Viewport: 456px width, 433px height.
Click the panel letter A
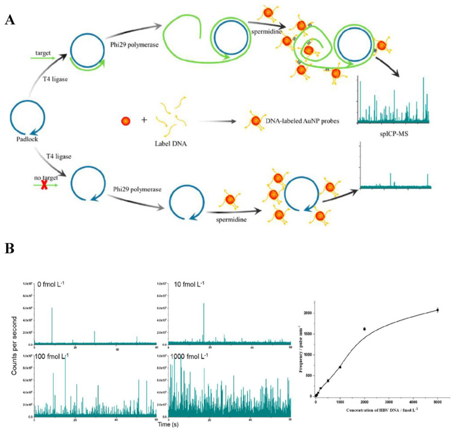(x=10, y=20)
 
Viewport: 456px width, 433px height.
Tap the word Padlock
(x=28, y=139)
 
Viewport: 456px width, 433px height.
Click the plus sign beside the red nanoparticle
(x=144, y=120)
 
